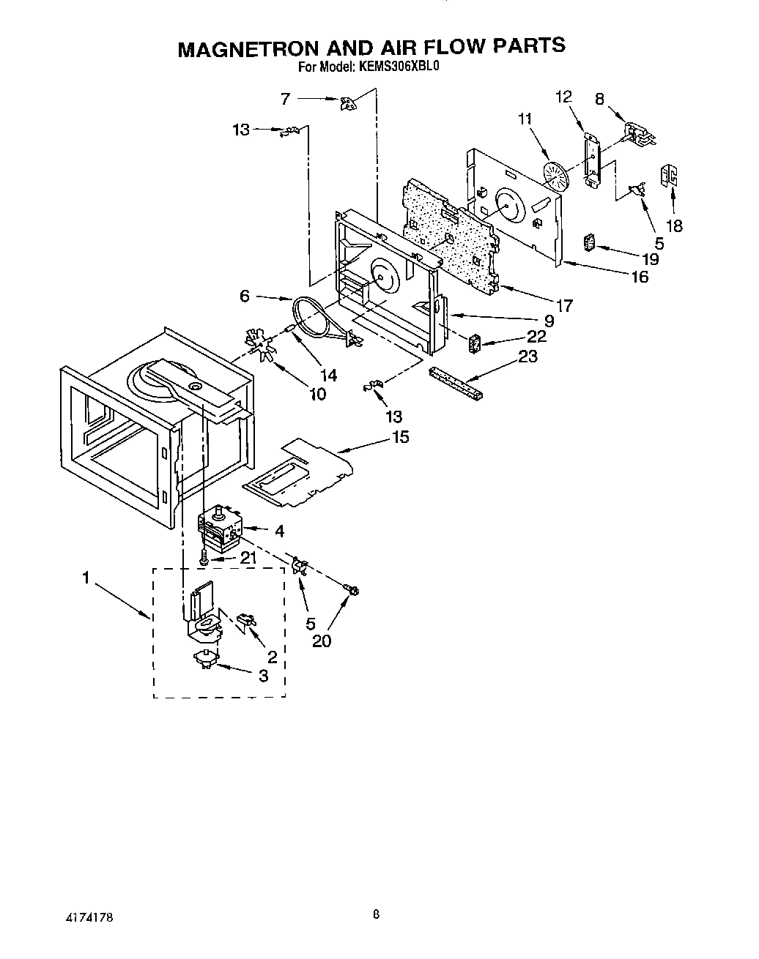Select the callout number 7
tap(286, 98)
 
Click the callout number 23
tap(527, 357)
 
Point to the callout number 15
tap(400, 437)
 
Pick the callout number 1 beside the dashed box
tap(86, 578)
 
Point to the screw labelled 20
tap(352, 589)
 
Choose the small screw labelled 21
tap(205, 560)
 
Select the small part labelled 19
tap(589, 242)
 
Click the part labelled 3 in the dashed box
tap(207, 660)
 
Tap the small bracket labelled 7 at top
tap(349, 104)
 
